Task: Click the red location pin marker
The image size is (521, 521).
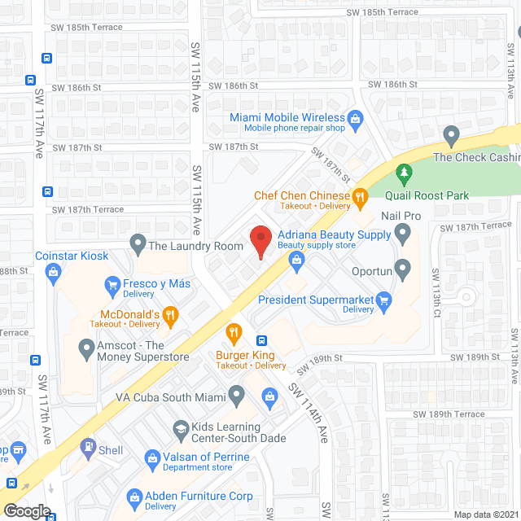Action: (x=260, y=242)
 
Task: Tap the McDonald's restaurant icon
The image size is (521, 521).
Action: (x=169, y=315)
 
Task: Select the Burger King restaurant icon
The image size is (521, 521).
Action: (x=234, y=331)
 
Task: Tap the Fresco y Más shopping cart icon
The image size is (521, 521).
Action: (x=112, y=284)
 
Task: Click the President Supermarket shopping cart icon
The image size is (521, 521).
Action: (x=385, y=300)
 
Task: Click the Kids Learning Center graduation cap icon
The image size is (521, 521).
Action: (x=180, y=428)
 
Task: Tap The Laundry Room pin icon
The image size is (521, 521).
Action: (x=137, y=243)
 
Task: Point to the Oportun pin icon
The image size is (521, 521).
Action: (x=402, y=267)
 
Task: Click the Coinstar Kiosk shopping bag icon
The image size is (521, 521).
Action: (x=54, y=272)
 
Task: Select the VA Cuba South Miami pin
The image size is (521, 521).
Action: (x=236, y=397)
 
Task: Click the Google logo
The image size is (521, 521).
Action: (x=27, y=510)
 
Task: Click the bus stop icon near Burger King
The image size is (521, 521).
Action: (x=261, y=340)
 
